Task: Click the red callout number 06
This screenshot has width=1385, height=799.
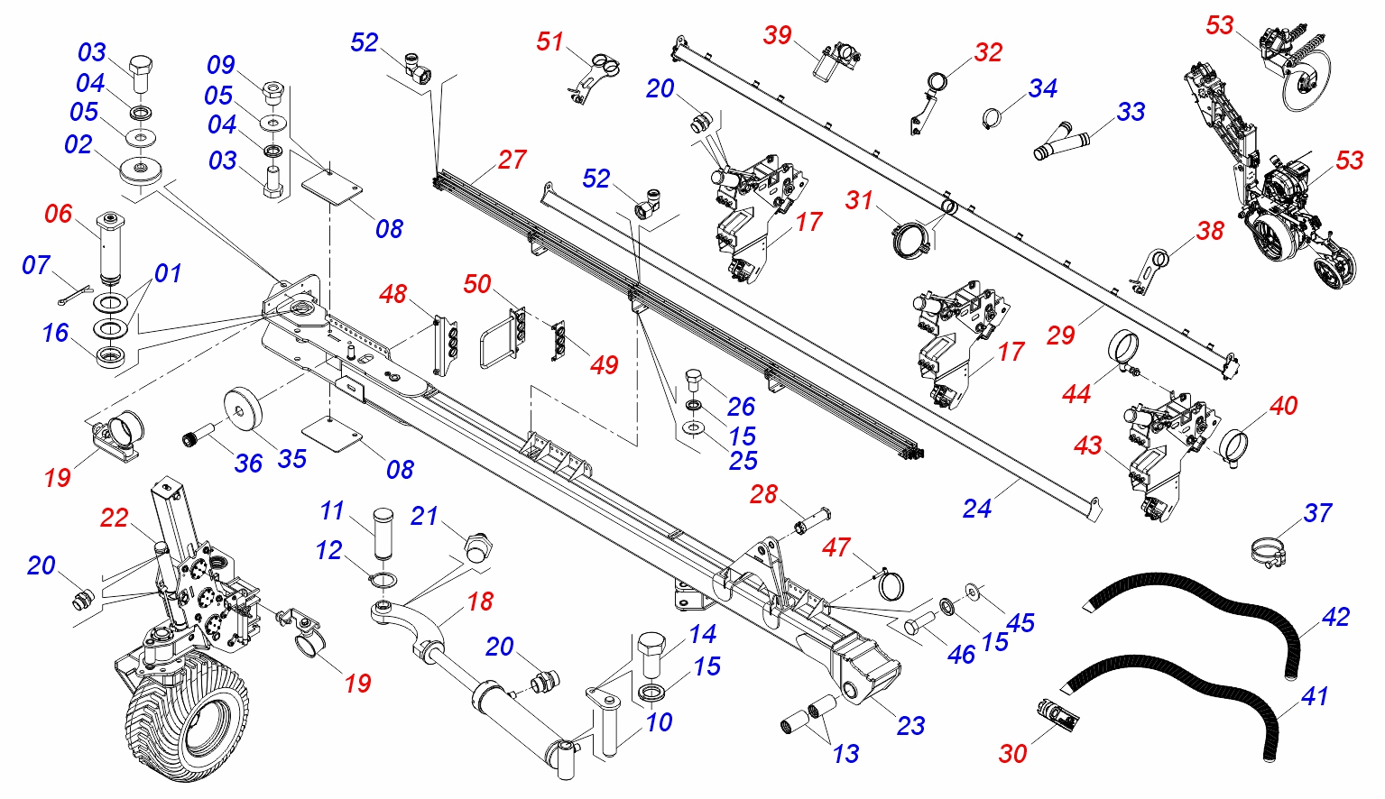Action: (58, 214)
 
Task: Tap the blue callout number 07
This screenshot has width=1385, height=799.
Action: (36, 265)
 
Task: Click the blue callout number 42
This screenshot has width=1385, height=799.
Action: (1335, 617)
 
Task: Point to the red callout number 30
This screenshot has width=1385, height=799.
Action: (1012, 753)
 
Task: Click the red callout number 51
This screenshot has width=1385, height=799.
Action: (549, 41)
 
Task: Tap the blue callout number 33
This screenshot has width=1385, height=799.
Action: (1131, 112)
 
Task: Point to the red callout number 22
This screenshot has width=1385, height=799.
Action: (115, 518)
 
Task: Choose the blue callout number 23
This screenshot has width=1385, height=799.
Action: (910, 725)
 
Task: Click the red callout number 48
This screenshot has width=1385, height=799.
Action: (392, 294)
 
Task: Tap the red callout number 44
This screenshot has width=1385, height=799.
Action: (1076, 393)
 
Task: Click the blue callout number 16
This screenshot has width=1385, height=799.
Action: (55, 333)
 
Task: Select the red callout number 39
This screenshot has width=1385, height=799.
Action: (777, 35)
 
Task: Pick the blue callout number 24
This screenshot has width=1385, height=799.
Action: (976, 509)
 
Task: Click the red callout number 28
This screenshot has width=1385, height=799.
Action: (763, 494)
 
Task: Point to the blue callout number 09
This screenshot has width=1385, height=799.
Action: (221, 65)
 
